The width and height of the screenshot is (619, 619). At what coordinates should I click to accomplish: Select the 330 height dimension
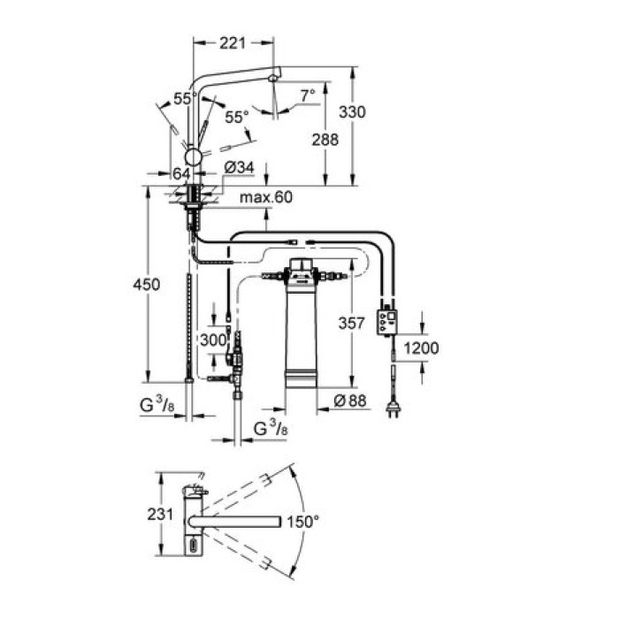[x=351, y=112]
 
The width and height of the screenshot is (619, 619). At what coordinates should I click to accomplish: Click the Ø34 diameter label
[x=238, y=167]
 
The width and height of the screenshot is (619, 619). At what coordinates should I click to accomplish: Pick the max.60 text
[x=265, y=197]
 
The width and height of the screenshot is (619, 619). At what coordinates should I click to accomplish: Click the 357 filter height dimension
[x=351, y=325]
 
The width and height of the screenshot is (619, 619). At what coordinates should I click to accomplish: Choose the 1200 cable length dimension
[x=422, y=348]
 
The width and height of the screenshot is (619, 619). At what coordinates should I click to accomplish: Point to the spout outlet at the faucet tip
[x=275, y=79]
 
